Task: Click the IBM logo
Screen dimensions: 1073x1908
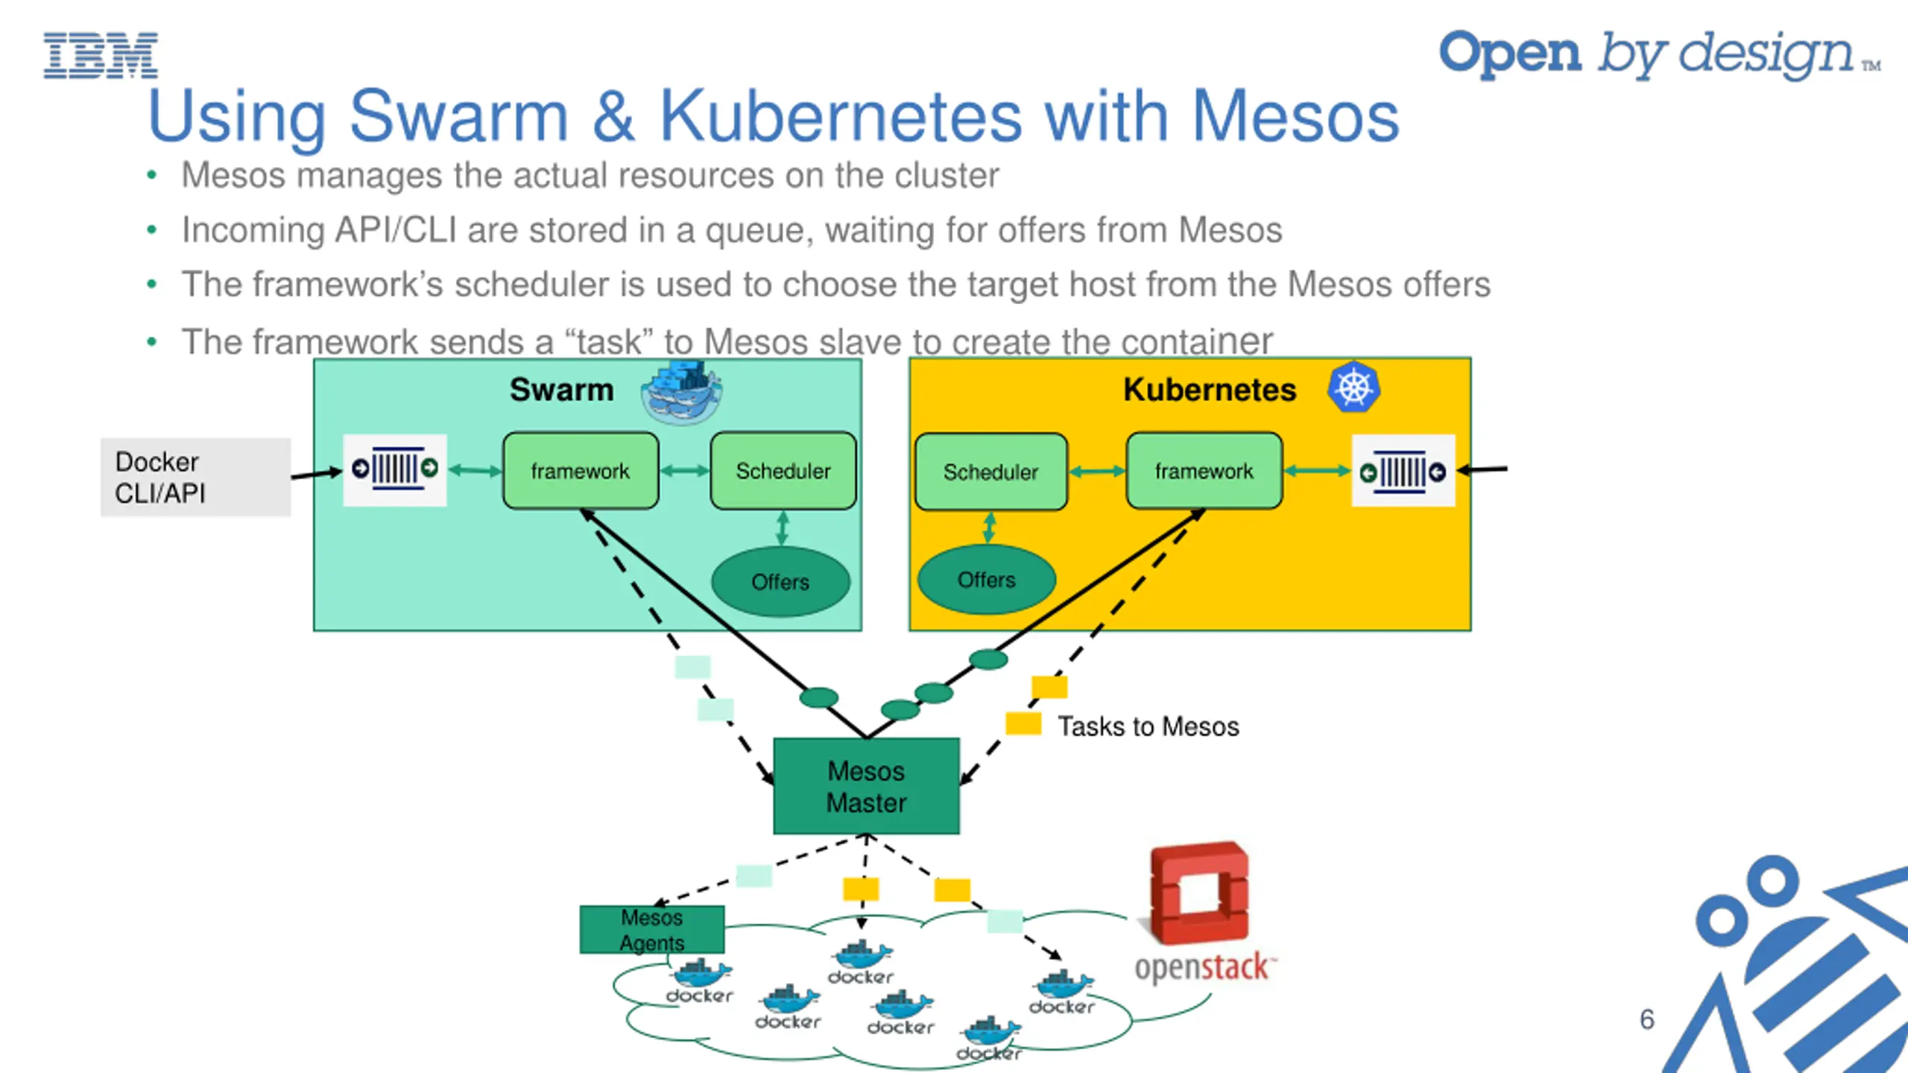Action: [101, 55]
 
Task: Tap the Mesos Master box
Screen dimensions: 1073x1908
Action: [866, 786]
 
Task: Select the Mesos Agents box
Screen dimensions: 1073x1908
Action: [651, 929]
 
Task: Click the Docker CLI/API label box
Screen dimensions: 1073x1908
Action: [195, 477]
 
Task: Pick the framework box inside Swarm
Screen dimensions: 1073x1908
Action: [581, 471]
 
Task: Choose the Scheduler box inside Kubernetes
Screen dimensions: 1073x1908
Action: [991, 472]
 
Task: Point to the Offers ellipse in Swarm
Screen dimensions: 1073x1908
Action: [780, 582]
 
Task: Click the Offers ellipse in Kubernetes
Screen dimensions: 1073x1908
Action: [986, 580]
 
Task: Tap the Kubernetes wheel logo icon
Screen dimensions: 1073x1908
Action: [1353, 387]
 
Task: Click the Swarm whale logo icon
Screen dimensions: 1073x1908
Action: [681, 391]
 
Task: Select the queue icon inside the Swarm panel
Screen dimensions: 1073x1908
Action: [395, 469]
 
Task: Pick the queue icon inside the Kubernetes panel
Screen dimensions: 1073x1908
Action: [1403, 471]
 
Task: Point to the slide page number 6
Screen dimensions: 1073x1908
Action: [1647, 1019]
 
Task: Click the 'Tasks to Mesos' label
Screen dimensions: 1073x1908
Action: [1148, 727]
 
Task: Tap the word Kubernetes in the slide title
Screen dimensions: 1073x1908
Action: [841, 117]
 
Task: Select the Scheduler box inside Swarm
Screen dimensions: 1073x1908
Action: [783, 471]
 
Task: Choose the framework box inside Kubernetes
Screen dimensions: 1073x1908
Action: [1204, 471]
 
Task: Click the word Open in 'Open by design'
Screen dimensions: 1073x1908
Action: [1509, 54]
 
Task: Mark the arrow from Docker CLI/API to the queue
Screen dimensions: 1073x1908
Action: [316, 473]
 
